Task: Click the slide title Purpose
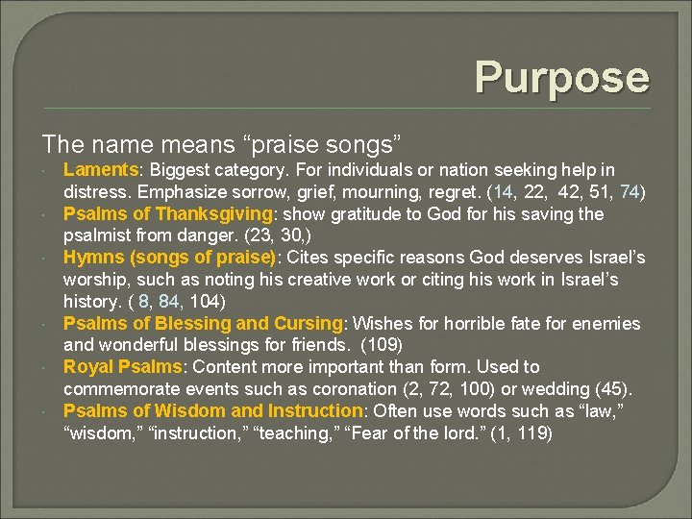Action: click(561, 77)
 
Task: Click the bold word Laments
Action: click(100, 170)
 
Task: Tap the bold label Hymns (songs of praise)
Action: click(170, 258)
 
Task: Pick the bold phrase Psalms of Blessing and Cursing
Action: click(203, 323)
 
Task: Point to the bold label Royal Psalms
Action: click(122, 367)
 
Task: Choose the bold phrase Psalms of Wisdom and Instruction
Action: click(211, 411)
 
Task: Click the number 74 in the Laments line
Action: click(629, 192)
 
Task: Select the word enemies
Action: click(606, 323)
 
